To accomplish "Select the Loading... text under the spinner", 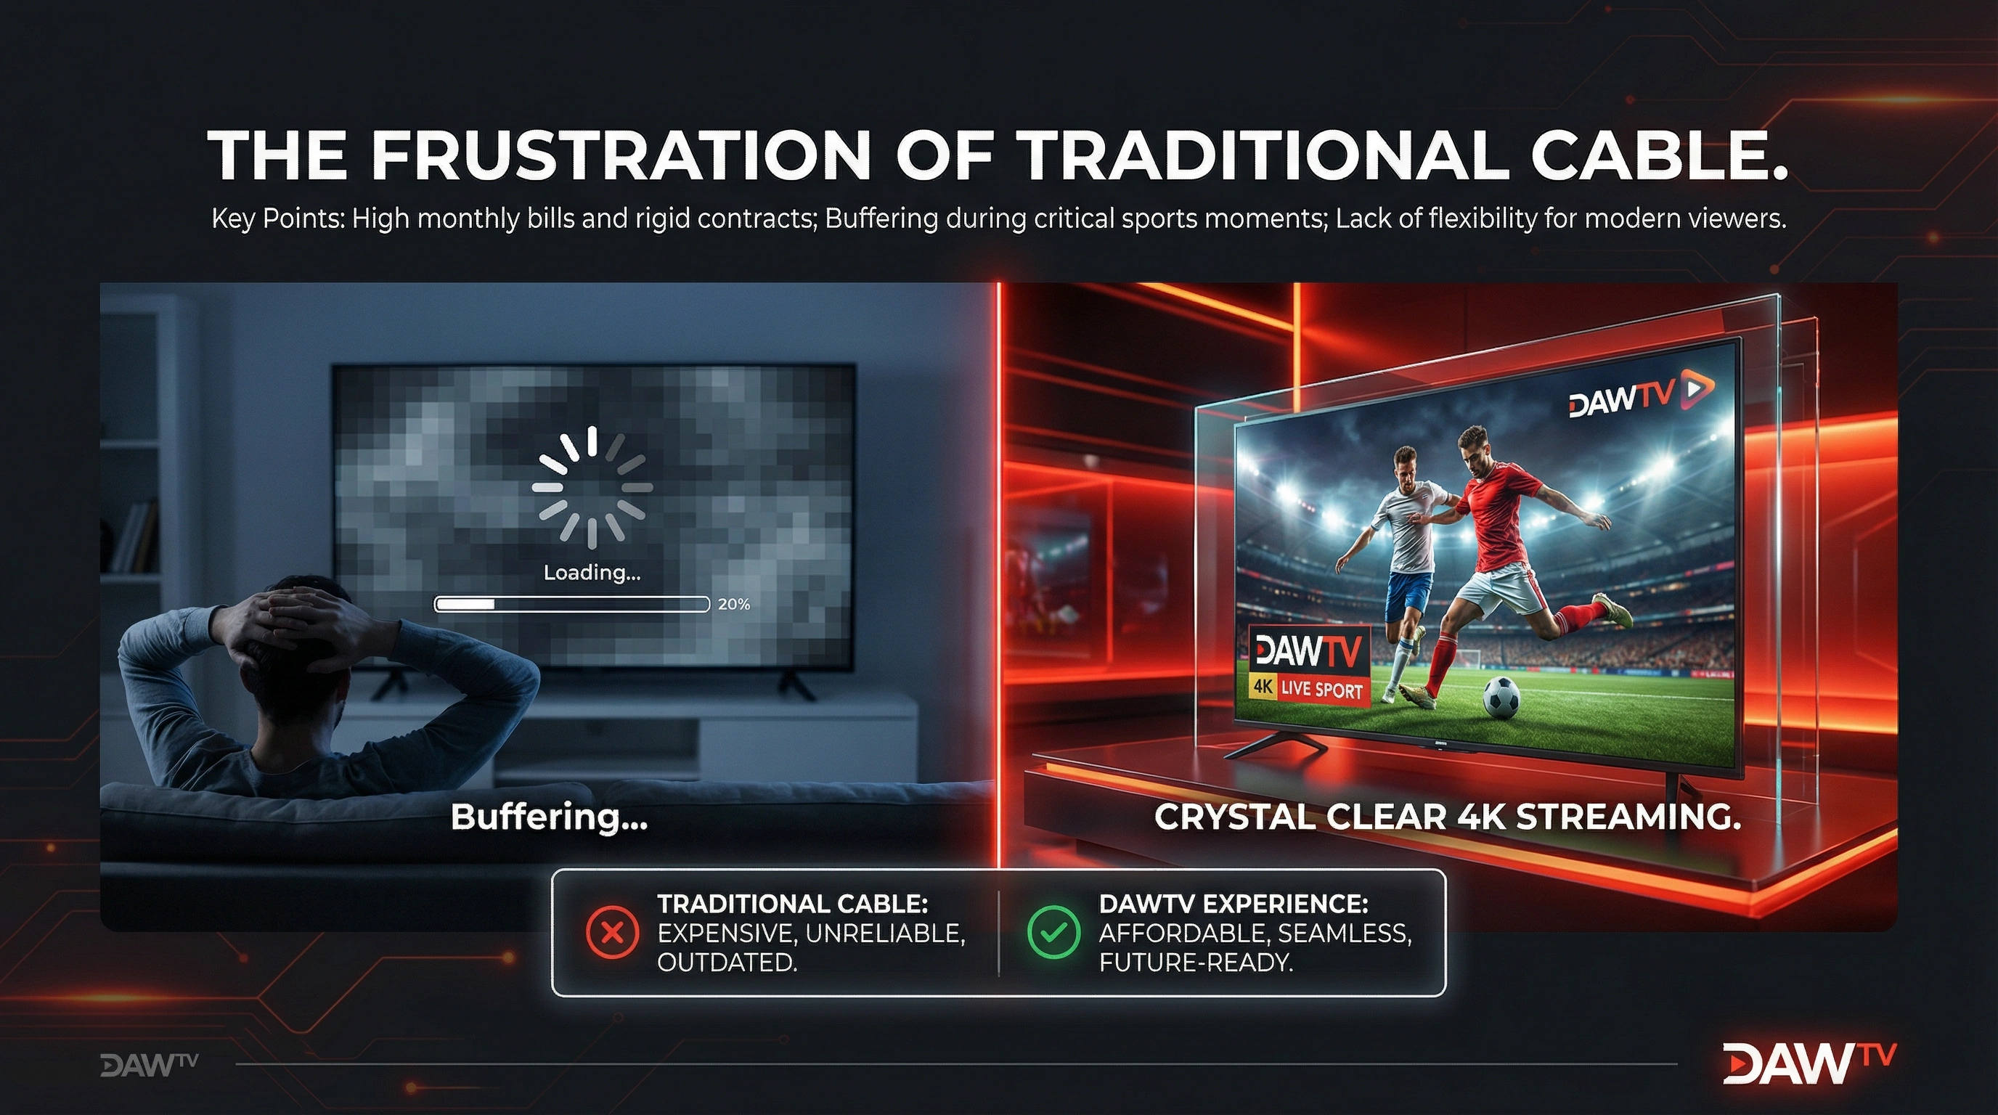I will click(592, 573).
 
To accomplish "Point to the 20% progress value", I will click(734, 604).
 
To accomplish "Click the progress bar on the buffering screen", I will click(571, 604).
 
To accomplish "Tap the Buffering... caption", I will click(549, 817).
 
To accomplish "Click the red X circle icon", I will click(613, 933).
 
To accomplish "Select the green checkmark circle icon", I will click(1053, 933).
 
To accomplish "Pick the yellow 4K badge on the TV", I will click(1263, 687).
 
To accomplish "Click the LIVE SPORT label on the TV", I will click(1321, 689).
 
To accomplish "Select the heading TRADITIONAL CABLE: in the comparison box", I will click(793, 903).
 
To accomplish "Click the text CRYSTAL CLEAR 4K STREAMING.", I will click(1447, 817).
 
